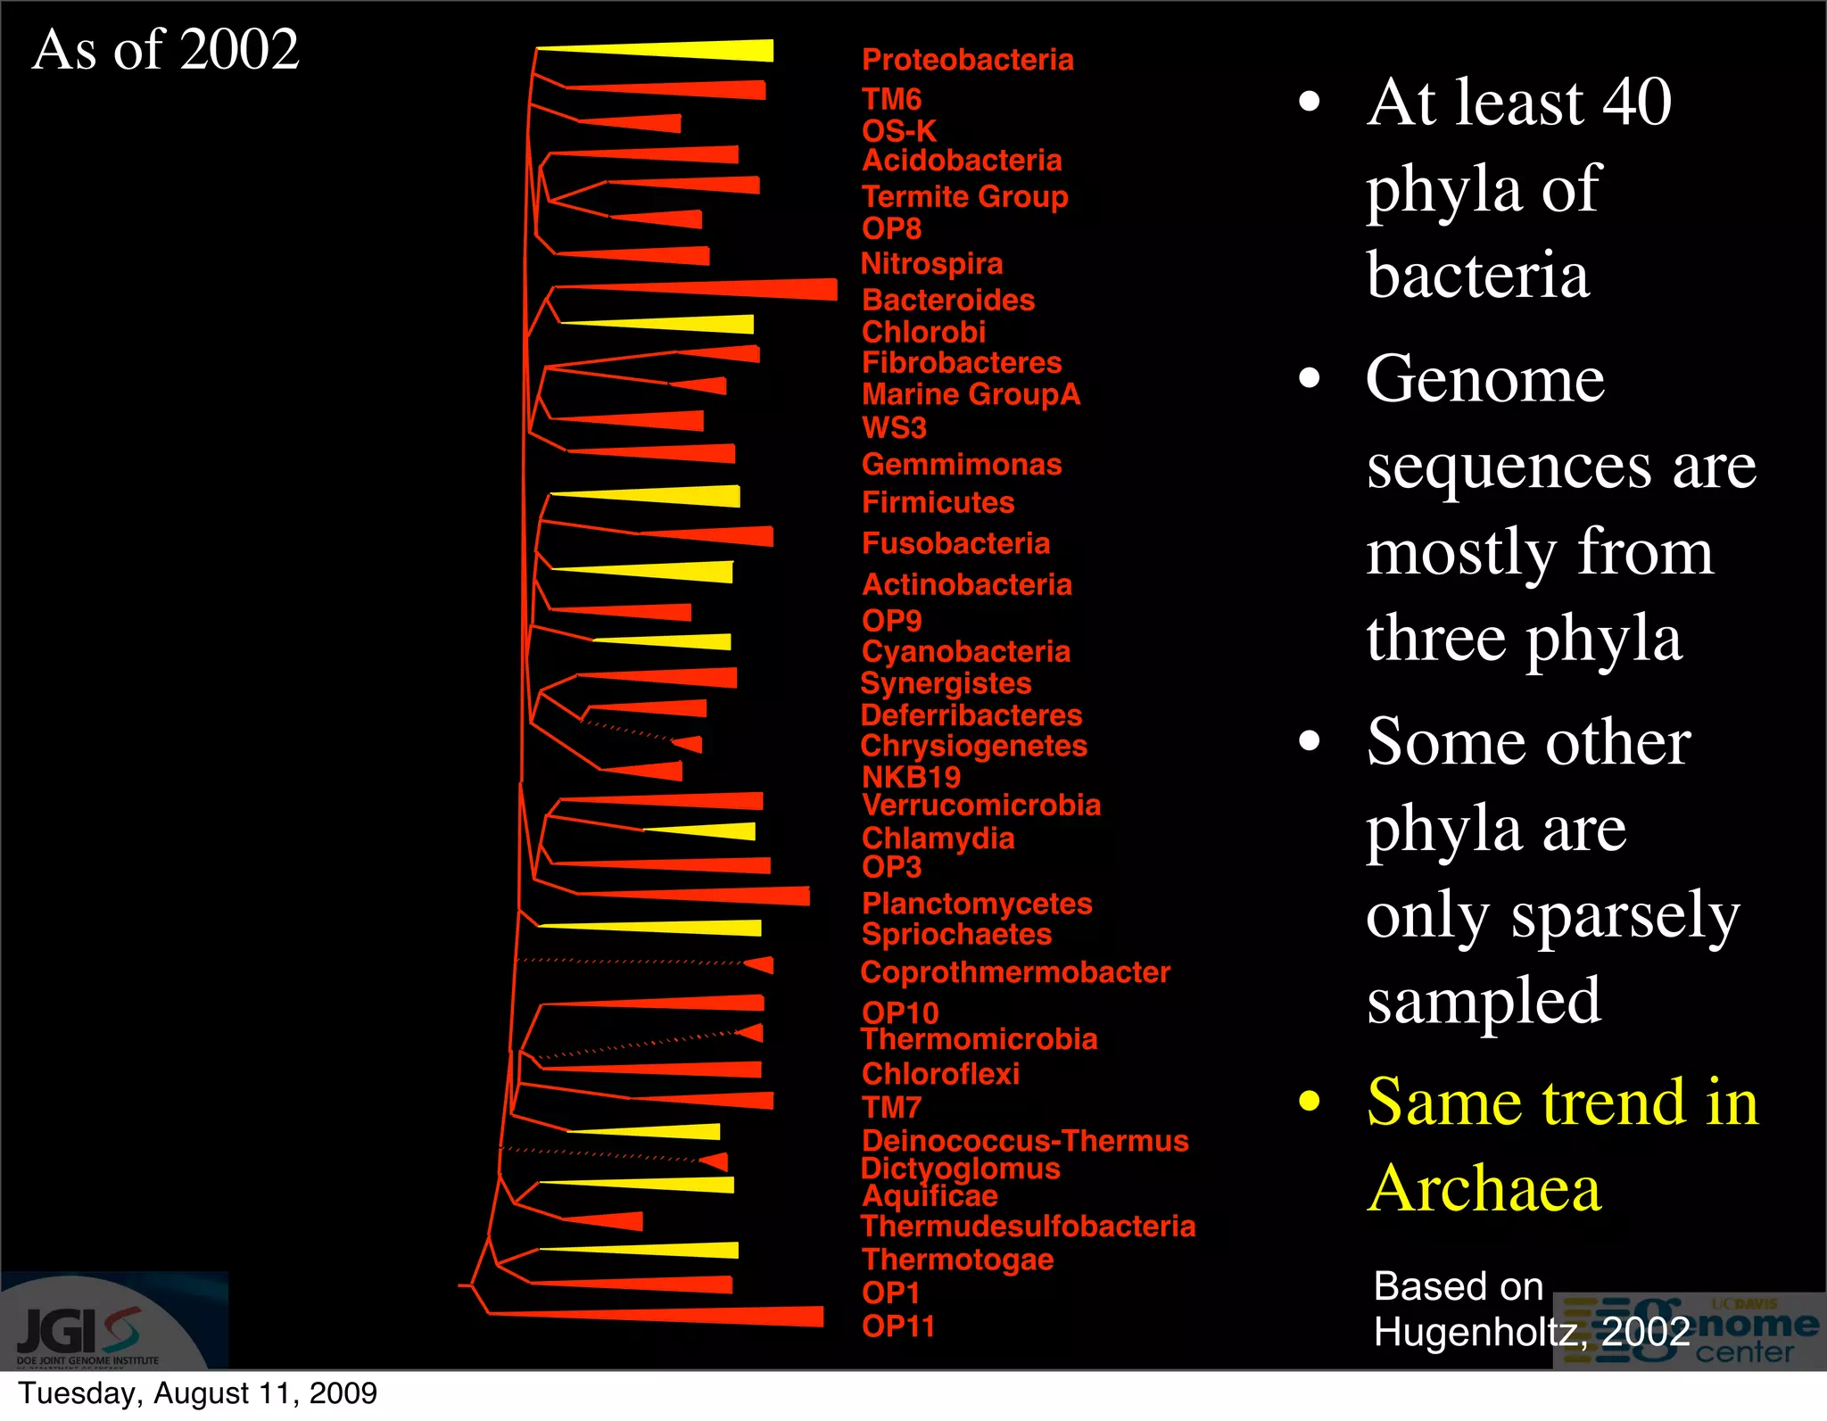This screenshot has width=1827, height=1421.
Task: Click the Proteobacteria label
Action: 967,60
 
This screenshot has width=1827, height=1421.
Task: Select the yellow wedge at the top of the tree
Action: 696,51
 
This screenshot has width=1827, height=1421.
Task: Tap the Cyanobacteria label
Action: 965,651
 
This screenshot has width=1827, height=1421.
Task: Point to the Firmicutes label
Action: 938,502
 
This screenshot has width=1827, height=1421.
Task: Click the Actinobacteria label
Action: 966,584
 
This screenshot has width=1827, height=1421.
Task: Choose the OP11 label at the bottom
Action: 897,1326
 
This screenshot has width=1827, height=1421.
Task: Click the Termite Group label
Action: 964,196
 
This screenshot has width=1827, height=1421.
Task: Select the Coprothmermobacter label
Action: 1014,972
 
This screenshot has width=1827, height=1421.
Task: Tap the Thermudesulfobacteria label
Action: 1028,1227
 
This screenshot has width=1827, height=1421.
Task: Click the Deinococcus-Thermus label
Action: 1025,1141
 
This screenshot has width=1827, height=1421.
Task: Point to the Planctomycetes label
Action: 976,904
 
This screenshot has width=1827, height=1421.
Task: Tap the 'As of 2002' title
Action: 165,49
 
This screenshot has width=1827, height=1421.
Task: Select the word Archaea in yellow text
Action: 1484,1188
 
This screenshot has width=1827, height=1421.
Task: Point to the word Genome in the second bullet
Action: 1484,379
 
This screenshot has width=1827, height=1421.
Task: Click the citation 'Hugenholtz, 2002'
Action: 1531,1332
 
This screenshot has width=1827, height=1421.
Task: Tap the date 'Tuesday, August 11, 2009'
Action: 197,1393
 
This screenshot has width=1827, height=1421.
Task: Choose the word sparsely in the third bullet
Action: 1624,915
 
